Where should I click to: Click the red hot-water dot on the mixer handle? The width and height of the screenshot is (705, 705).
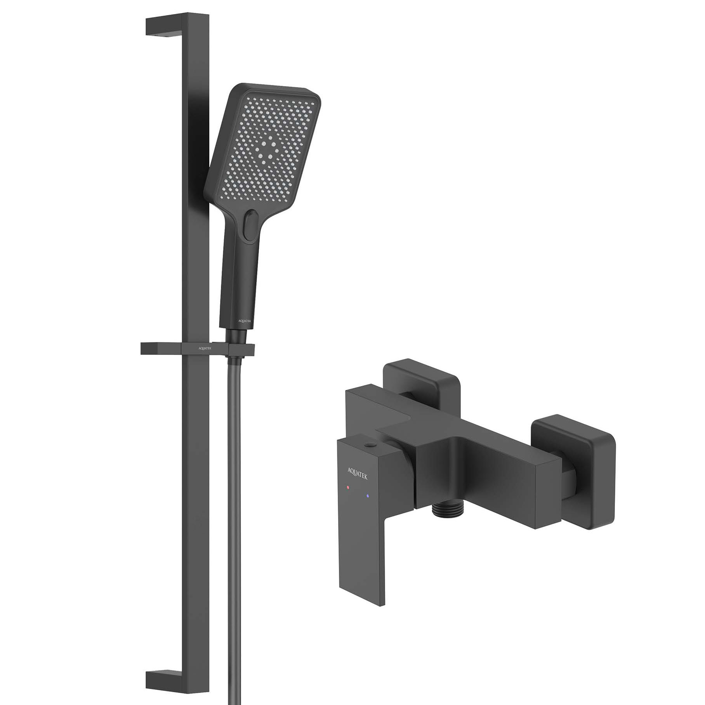(348, 486)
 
